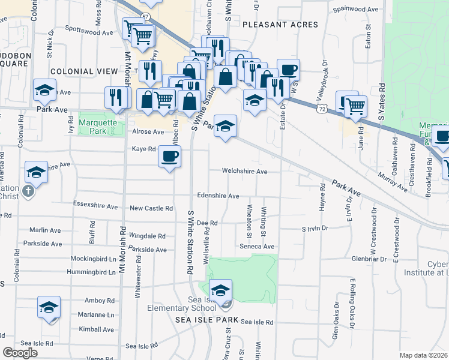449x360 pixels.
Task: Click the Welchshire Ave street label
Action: tap(244, 172)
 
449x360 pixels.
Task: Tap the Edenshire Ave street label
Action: tap(218, 196)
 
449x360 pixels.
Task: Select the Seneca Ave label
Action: tap(258, 247)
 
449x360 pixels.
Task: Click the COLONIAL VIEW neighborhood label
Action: tap(84, 71)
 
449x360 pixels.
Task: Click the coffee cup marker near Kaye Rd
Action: tap(169, 157)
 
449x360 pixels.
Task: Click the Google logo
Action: tap(20, 353)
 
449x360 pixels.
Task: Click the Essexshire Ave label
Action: tap(95, 206)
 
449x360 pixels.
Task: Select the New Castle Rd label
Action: tap(151, 208)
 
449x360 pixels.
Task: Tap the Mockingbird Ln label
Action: tap(92, 260)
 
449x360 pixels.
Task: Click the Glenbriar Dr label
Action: tap(372, 259)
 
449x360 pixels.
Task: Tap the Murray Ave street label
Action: tap(393, 182)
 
